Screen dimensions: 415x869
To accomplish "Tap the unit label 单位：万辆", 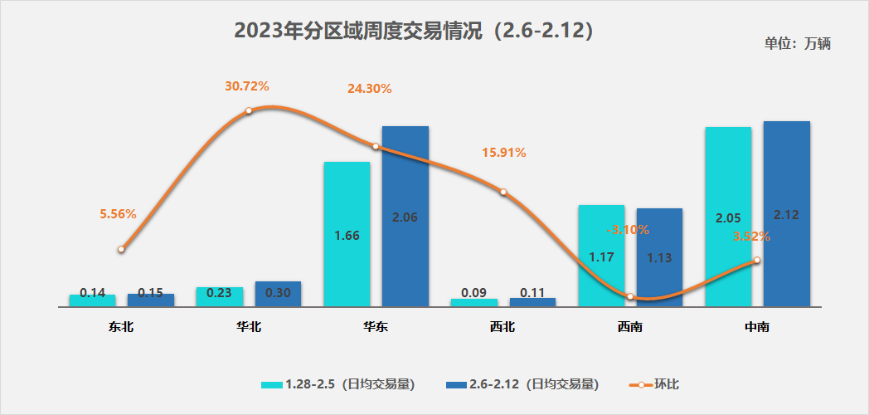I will pyautogui.click(x=797, y=44).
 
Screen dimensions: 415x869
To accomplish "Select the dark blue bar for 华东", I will pyautogui.click(x=405, y=216).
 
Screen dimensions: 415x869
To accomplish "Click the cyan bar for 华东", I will pyautogui.click(x=347, y=233).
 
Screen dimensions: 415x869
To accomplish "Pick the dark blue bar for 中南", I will pyautogui.click(x=786, y=213).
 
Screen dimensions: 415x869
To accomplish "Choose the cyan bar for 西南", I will pyautogui.click(x=600, y=255).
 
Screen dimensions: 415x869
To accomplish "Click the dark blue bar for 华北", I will pyautogui.click(x=278, y=294).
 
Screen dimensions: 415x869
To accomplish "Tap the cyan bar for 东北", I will pyautogui.click(x=92, y=300).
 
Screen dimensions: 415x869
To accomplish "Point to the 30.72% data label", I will pyautogui.click(x=247, y=86).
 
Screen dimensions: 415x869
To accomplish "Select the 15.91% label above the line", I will pyautogui.click(x=504, y=153).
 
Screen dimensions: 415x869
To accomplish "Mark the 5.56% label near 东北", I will pyautogui.click(x=118, y=214).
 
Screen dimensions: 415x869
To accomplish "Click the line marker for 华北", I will pyautogui.click(x=248, y=110).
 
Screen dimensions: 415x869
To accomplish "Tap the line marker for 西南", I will pyautogui.click(x=630, y=296).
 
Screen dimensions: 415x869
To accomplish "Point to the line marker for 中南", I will pyautogui.click(x=757, y=261).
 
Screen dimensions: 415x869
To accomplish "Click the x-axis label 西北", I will pyautogui.click(x=502, y=327).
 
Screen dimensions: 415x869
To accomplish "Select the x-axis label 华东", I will pyautogui.click(x=376, y=327).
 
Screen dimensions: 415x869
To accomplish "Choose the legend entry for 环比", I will pyautogui.click(x=659, y=384).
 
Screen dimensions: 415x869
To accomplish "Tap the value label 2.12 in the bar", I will pyautogui.click(x=786, y=215).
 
